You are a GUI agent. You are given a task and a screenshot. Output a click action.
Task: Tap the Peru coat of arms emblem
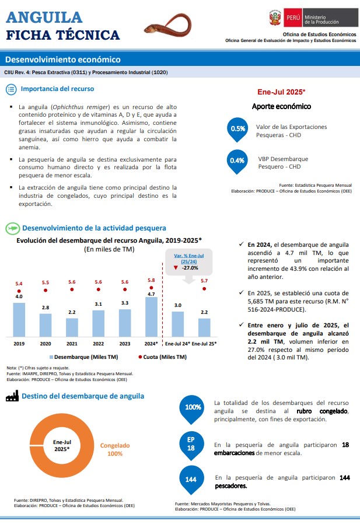click(x=275, y=18)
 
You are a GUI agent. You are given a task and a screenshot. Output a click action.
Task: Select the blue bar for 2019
click(x=19, y=320)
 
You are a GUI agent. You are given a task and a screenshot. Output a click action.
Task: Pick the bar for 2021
click(x=72, y=327)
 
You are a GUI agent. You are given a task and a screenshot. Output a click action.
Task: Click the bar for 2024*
click(x=152, y=317)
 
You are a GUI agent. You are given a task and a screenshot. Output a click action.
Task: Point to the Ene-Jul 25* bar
click(x=204, y=327)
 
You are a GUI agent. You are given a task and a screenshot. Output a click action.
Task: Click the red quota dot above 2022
click(x=98, y=289)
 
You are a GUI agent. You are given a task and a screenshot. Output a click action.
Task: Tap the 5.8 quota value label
click(x=152, y=280)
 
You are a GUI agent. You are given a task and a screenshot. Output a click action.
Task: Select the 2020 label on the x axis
click(x=46, y=344)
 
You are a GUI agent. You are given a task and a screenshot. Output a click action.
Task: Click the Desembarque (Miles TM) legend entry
click(x=83, y=357)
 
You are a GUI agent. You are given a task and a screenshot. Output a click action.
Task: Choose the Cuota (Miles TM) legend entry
click(x=162, y=357)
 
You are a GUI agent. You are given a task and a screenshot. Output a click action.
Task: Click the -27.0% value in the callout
click(x=190, y=268)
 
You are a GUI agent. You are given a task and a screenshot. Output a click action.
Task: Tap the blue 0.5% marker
click(x=237, y=130)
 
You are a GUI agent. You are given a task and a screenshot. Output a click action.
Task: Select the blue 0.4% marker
click(x=237, y=162)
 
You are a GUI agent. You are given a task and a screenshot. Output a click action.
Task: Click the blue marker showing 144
click(x=191, y=480)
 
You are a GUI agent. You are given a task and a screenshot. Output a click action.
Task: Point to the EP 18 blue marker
click(x=191, y=445)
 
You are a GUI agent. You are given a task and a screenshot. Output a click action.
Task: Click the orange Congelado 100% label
click(x=115, y=449)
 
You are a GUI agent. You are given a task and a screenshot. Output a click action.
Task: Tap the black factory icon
click(x=12, y=396)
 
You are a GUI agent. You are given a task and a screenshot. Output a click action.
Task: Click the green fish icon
click(x=13, y=228)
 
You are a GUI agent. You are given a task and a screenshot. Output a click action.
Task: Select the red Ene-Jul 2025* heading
click(x=281, y=92)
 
